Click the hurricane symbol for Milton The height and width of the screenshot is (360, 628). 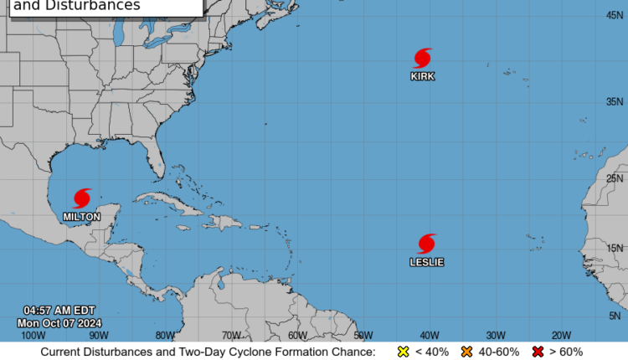[82, 198]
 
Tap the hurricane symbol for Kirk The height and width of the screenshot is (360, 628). [423, 58]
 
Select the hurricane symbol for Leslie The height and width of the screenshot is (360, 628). [427, 244]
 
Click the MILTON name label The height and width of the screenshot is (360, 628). [82, 217]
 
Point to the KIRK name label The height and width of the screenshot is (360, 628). [423, 76]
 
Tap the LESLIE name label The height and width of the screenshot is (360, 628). [427, 262]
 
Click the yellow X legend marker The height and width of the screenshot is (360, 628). [403, 352]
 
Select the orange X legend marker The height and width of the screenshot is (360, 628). [467, 352]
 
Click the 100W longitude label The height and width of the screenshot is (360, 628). [33, 335]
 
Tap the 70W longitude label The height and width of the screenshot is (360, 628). [233, 335]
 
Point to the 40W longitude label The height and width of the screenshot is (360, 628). [430, 335]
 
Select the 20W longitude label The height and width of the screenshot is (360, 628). [561, 335]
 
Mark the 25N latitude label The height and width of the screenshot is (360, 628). [615, 178]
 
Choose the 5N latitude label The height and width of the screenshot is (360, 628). [615, 316]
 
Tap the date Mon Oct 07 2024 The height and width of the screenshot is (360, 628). [59, 322]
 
